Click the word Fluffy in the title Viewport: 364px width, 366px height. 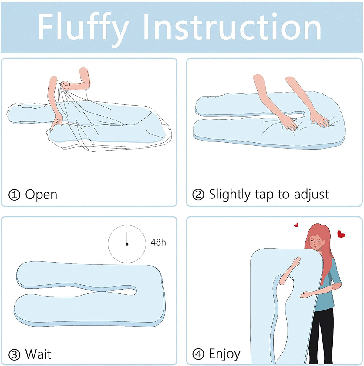(x=83, y=29)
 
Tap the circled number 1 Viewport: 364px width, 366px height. (x=14, y=195)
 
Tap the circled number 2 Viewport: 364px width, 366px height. (x=198, y=195)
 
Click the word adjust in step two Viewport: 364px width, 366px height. (x=311, y=195)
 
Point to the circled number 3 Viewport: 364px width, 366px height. (x=14, y=354)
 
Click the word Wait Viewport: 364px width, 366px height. (x=38, y=354)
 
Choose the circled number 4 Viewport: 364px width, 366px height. (x=198, y=354)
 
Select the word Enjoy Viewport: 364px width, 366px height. (x=225, y=354)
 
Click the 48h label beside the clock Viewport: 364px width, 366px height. (x=158, y=242)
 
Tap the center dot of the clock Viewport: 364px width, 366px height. (x=127, y=244)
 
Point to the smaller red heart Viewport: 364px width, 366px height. (x=296, y=225)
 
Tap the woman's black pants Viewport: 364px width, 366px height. (x=321, y=334)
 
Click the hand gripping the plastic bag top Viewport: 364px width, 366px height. (x=66, y=86)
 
